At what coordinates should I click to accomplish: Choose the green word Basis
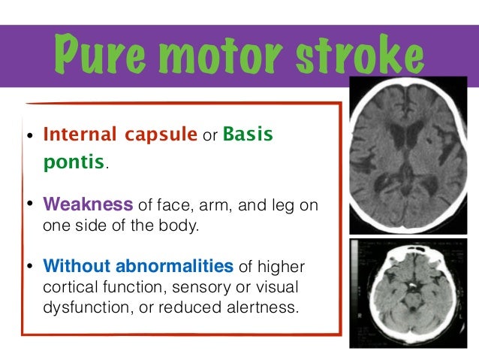(x=248, y=136)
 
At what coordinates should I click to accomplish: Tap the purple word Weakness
(x=89, y=204)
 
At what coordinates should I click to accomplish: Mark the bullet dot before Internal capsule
(x=30, y=137)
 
